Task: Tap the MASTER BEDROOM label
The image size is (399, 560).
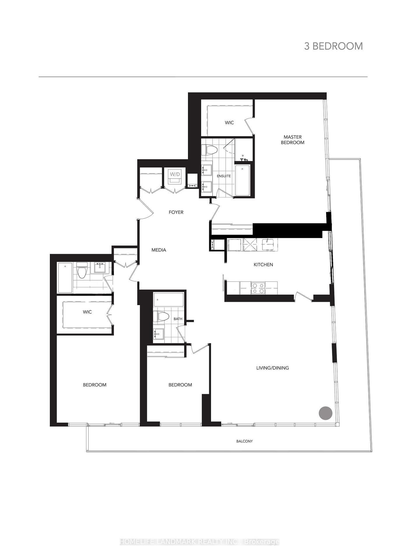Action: (293, 140)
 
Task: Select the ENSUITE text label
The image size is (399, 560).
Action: (224, 176)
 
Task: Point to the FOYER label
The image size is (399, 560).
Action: (176, 212)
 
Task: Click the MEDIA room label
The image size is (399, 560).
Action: (159, 250)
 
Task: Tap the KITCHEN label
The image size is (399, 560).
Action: (263, 265)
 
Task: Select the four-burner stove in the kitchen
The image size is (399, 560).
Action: (258, 288)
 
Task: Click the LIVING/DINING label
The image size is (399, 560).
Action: (273, 368)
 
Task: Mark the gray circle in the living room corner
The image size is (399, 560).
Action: (326, 413)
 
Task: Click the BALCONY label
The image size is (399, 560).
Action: (245, 441)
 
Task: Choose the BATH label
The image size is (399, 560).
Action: (178, 319)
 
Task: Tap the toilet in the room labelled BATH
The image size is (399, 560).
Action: (163, 317)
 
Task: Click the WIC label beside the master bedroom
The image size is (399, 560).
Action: (229, 123)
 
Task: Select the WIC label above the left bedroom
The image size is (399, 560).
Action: (87, 312)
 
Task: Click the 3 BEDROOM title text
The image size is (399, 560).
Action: (333, 46)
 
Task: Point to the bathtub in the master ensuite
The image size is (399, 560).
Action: (242, 180)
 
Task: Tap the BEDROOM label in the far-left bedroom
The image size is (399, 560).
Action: (95, 385)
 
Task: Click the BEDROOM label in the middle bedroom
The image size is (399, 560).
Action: (180, 385)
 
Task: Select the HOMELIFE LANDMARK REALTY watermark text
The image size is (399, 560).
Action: (200, 542)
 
